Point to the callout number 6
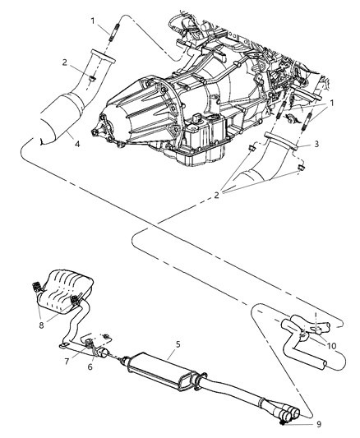[x=90, y=366]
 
